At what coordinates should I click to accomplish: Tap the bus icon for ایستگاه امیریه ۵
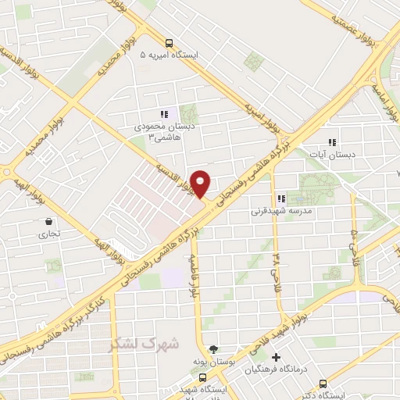tap(168, 43)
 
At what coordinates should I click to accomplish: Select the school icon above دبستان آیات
tap(332, 142)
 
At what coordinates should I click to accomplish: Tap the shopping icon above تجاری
tap(49, 221)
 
